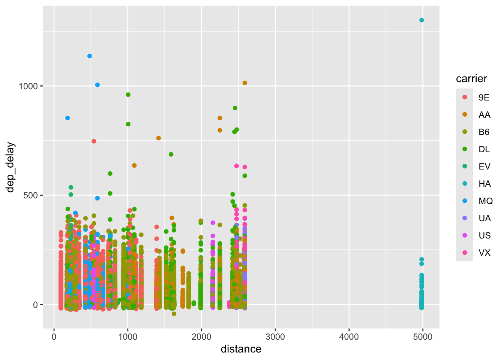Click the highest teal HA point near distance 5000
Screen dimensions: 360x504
point(421,20)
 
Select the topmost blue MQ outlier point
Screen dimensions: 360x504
point(90,56)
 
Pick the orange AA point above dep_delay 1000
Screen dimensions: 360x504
point(245,83)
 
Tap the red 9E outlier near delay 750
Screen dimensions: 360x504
point(94,141)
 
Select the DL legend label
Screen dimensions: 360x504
point(484,149)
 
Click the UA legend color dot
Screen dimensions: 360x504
point(465,218)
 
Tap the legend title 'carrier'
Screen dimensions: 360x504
point(471,79)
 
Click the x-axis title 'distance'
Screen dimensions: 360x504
point(241,349)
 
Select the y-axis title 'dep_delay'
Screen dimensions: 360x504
point(10,167)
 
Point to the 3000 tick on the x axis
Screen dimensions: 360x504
point(275,337)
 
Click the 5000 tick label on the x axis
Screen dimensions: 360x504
point(423,337)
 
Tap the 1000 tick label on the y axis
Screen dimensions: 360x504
point(28,86)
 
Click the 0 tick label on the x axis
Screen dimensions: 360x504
point(54,337)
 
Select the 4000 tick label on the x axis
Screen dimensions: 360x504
point(349,337)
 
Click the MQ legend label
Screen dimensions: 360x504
point(486,201)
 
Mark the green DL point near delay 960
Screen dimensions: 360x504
point(128,95)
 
